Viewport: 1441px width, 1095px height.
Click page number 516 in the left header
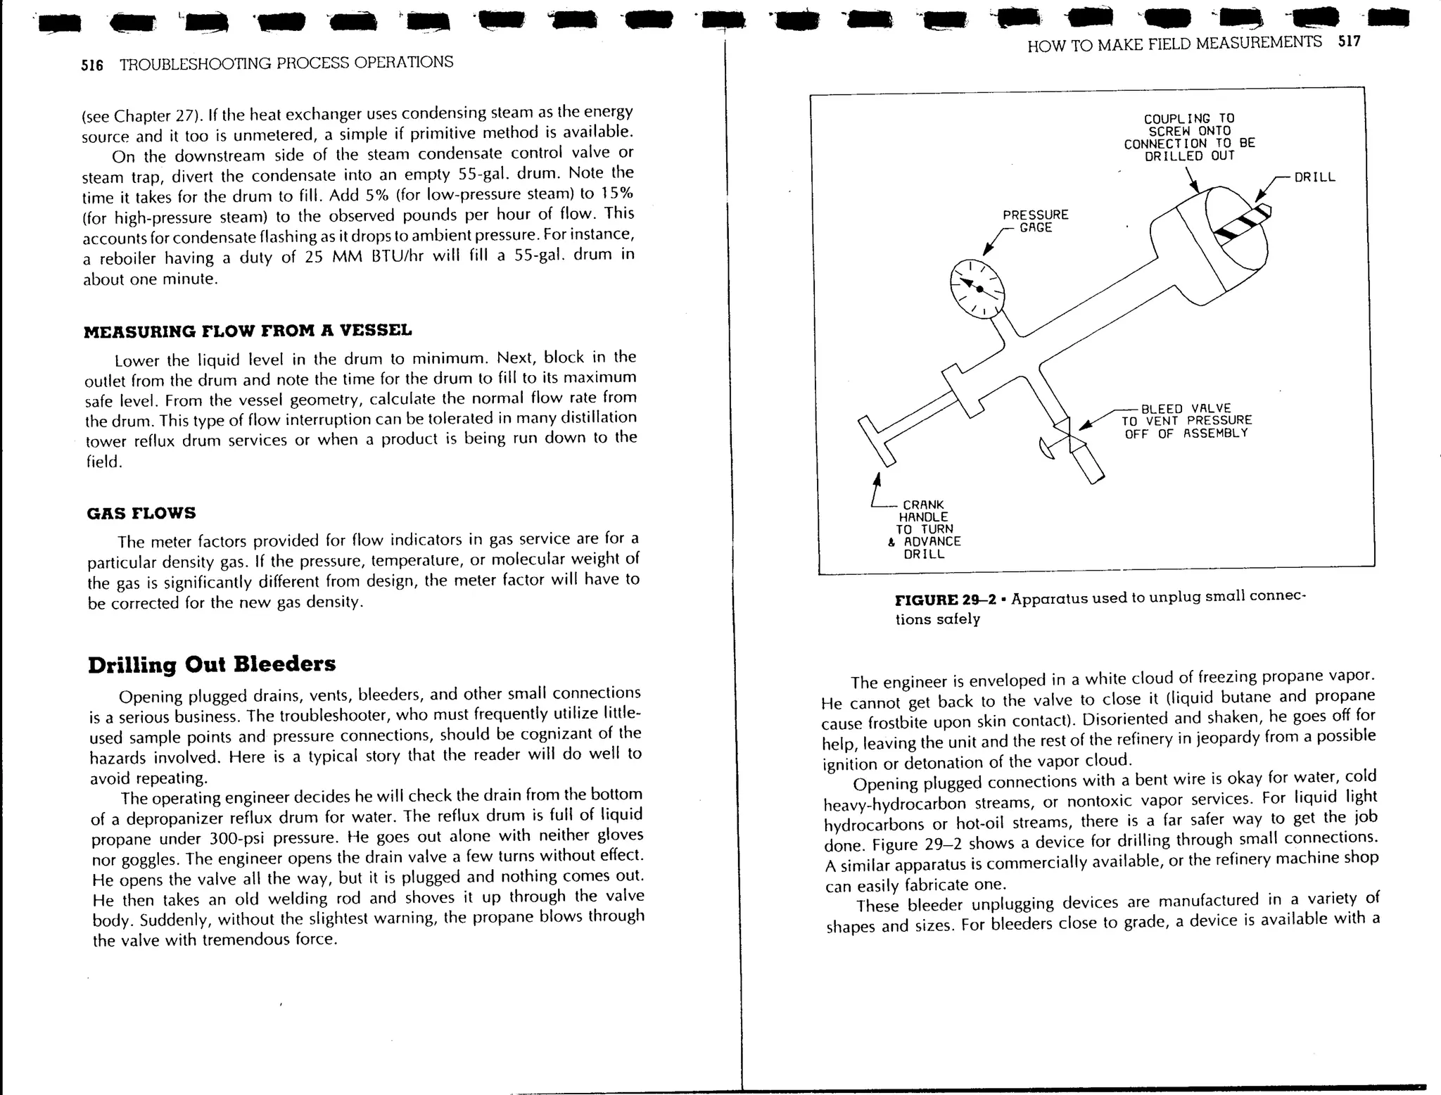92,65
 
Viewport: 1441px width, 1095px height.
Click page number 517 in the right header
1349,42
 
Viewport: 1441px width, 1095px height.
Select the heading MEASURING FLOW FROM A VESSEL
248,331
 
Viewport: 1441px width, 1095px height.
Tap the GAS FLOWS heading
141,513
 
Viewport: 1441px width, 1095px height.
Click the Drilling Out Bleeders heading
212,664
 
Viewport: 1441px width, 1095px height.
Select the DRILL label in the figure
1314,177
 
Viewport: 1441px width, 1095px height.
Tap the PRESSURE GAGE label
1035,221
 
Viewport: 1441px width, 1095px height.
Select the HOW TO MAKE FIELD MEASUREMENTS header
1174,44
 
